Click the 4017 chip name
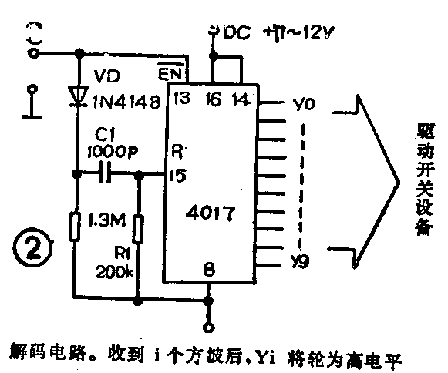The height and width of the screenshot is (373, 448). (210, 208)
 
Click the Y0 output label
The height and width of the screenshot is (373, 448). (303, 102)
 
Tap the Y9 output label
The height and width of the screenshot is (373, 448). (302, 262)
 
